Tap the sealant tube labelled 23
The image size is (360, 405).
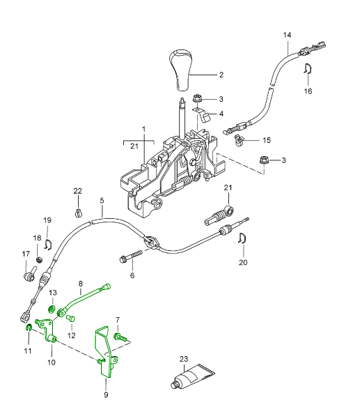pos(192,376)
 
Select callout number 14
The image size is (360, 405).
pos(287,35)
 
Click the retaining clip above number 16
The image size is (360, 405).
pos(308,68)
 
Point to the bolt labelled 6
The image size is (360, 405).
pos(131,256)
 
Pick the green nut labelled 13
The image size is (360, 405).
pos(52,308)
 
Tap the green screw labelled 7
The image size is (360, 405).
pos(120,337)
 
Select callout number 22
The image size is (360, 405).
pos(77,191)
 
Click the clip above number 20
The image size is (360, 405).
pos(242,238)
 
